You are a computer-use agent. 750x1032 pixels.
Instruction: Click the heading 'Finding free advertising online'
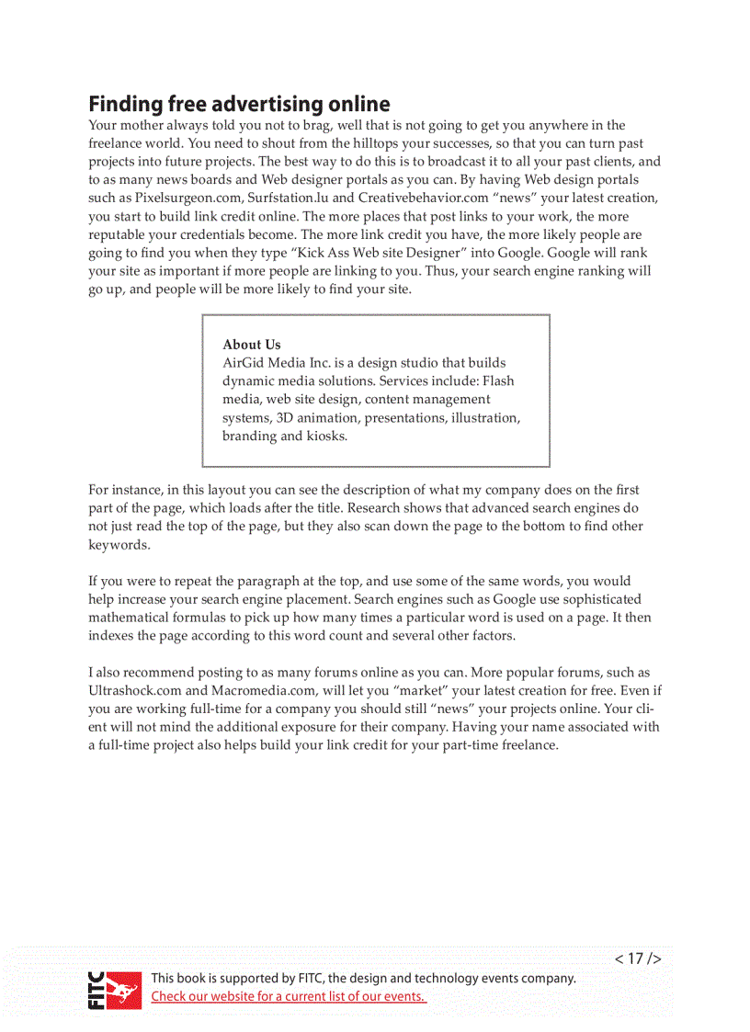point(239,104)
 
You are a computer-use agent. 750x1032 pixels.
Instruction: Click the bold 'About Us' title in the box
point(252,345)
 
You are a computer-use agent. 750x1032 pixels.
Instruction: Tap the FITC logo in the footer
point(115,989)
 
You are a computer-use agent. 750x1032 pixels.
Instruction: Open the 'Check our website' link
point(288,997)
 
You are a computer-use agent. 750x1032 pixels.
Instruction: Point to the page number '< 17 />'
point(638,958)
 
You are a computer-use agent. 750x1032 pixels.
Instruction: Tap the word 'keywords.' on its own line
point(119,545)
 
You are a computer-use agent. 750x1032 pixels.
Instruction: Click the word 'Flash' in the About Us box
point(498,381)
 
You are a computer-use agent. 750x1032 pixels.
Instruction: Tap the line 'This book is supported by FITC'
point(363,979)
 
